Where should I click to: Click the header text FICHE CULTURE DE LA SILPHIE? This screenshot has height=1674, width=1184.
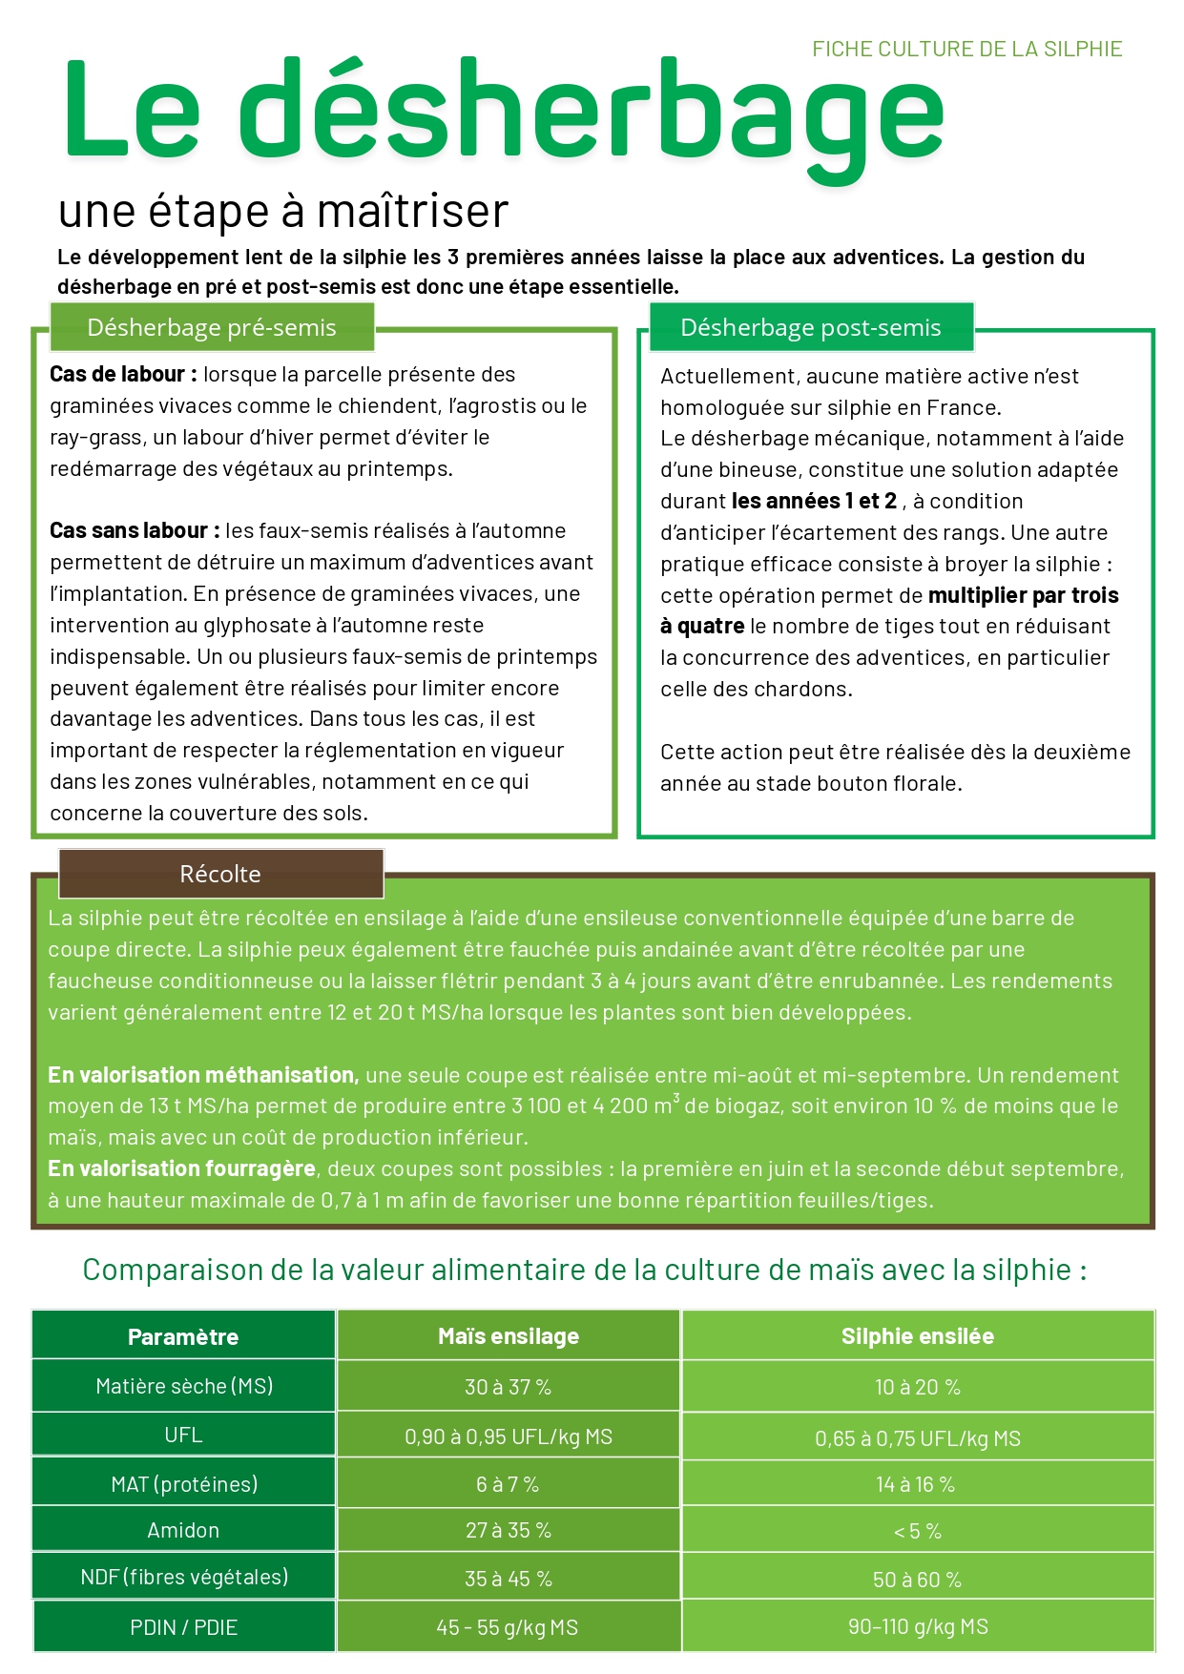tap(966, 50)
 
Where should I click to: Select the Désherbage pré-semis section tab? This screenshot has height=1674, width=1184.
tap(212, 328)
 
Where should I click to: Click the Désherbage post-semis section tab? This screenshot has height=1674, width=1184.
tap(810, 328)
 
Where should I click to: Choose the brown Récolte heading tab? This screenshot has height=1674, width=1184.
tap(220, 874)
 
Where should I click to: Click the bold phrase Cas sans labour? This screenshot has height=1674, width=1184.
tap(135, 531)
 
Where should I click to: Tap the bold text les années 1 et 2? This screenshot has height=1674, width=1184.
tap(814, 502)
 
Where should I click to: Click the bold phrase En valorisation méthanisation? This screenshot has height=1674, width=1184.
tap(203, 1076)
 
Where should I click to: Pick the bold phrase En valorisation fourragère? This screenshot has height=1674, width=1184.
tap(181, 1169)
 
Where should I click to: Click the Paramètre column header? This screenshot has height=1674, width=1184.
tap(183, 1337)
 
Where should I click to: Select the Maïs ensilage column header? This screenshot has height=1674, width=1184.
tap(509, 1337)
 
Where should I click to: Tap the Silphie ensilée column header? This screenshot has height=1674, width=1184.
tap(917, 1337)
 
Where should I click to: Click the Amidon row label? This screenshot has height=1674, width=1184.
tap(183, 1531)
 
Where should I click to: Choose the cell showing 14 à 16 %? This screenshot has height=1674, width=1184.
tap(916, 1485)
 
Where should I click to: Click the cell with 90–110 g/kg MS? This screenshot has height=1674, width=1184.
tap(918, 1627)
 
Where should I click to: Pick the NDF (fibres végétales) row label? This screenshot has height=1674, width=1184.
tap(184, 1578)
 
